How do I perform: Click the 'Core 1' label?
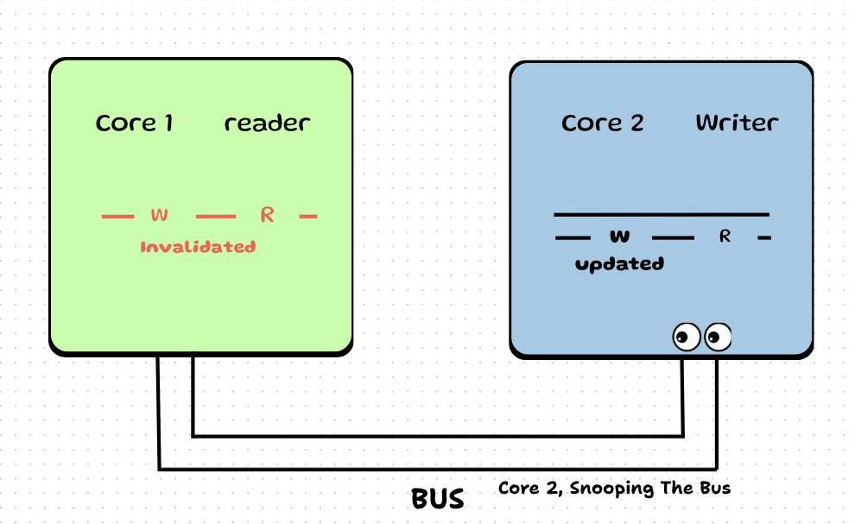(x=135, y=123)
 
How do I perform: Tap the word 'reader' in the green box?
(x=267, y=123)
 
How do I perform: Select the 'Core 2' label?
(x=602, y=123)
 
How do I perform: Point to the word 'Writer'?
(x=737, y=123)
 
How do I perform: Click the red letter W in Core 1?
(x=159, y=215)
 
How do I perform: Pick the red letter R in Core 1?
(x=267, y=215)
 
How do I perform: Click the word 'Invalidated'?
(x=198, y=247)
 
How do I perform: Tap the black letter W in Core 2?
(x=619, y=237)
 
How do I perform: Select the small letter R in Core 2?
(x=725, y=237)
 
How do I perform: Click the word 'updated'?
(x=619, y=264)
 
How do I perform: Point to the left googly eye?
(x=687, y=336)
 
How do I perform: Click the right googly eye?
(x=718, y=336)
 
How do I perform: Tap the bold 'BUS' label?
(x=437, y=499)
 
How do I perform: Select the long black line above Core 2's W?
(x=661, y=214)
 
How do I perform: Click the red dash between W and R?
(x=215, y=216)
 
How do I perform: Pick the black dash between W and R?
(x=673, y=237)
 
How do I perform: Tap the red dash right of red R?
(x=308, y=216)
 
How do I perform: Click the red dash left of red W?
(x=118, y=216)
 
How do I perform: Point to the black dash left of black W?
(x=573, y=237)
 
